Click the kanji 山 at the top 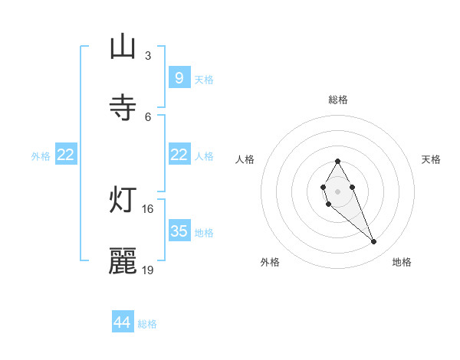point(123,47)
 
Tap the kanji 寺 point(123,107)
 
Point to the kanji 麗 point(123,261)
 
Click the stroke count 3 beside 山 point(147,55)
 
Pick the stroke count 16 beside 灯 point(147,208)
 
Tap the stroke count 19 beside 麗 point(148,270)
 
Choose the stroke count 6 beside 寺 point(147,116)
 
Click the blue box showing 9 point(179,78)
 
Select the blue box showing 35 point(179,231)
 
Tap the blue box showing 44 point(123,322)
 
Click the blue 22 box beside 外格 point(66,155)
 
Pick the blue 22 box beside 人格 point(179,155)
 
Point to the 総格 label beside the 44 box point(147,324)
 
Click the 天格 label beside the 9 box point(203,80)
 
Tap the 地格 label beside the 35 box point(203,233)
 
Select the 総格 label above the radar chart point(337,100)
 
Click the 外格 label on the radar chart point(270,262)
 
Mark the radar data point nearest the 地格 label point(374,242)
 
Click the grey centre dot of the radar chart point(337,190)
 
